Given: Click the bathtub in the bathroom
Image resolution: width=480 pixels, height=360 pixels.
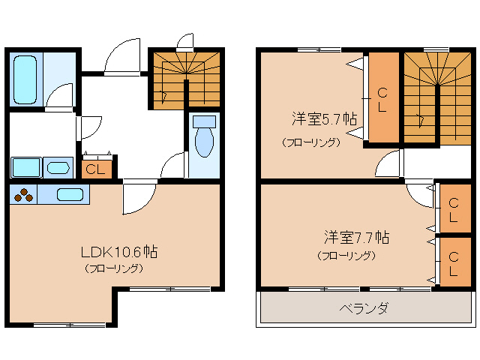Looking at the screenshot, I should [x=26, y=81].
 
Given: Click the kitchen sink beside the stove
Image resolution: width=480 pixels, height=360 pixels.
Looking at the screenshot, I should [x=70, y=194].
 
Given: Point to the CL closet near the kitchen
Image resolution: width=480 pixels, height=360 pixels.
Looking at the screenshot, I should [x=96, y=168].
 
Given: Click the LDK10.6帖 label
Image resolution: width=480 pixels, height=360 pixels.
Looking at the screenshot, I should [x=114, y=251].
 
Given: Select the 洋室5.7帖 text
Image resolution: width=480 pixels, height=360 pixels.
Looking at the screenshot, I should [x=323, y=119].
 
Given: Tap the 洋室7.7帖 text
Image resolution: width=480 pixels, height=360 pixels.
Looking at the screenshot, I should [x=356, y=238].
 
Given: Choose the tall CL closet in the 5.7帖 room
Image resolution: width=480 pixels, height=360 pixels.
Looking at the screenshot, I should [x=382, y=97].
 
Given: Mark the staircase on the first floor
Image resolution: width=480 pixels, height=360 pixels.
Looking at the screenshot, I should [x=185, y=79].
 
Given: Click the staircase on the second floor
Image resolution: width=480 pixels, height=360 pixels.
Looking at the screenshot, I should [x=437, y=96].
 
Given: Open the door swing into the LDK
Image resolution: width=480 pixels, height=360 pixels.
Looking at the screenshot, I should [x=136, y=198].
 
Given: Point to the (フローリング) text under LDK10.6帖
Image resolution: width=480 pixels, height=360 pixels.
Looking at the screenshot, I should [x=114, y=268].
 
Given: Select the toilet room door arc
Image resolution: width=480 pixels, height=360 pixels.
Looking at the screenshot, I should [x=173, y=166].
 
